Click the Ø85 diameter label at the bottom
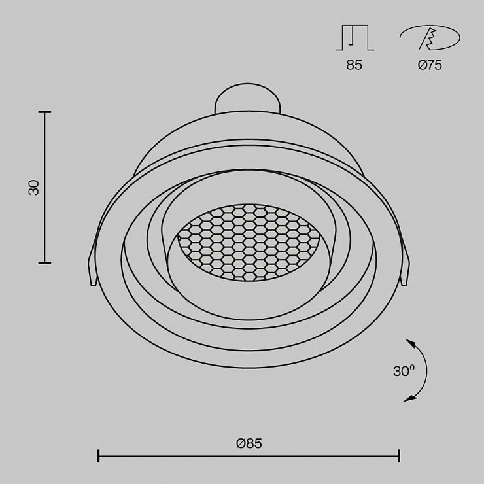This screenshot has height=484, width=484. (x=249, y=443)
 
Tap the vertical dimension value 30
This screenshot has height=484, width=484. (x=34, y=187)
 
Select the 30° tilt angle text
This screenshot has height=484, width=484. (x=404, y=371)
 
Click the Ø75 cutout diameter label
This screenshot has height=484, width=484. (x=430, y=65)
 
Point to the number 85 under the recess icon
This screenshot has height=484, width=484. (x=354, y=65)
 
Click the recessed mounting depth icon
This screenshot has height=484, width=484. (x=355, y=38)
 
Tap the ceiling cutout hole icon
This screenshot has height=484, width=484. (x=430, y=38)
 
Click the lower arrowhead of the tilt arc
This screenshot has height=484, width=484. (x=409, y=398)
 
